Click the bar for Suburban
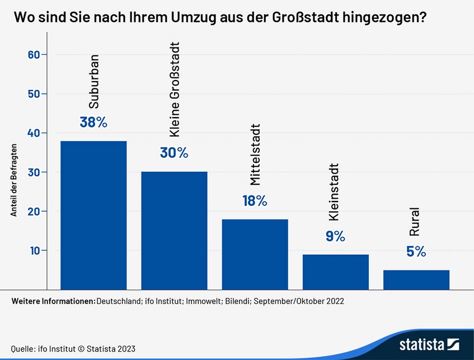[x=93, y=215]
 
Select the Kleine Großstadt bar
[x=174, y=230]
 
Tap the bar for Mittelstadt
[x=255, y=254]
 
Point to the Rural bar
[x=416, y=279]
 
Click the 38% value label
[x=93, y=122]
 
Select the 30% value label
[x=174, y=152]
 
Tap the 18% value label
[x=255, y=200]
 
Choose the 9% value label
[x=335, y=236]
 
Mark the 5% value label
[x=416, y=252]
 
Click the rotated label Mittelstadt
[x=255, y=155]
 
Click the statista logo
[x=429, y=344]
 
